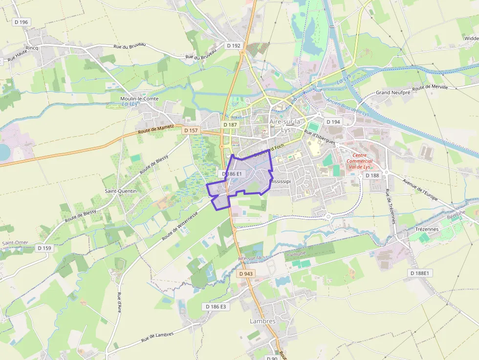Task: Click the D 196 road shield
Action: pyautogui.click(x=22, y=22)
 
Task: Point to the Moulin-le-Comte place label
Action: pyautogui.click(x=139, y=98)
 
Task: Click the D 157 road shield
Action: pyautogui.click(x=191, y=130)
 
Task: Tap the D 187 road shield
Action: pyautogui.click(x=230, y=125)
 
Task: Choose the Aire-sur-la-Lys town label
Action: pyautogui.click(x=286, y=126)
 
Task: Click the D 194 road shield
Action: pyautogui.click(x=333, y=122)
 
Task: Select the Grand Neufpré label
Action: pyautogui.click(x=392, y=93)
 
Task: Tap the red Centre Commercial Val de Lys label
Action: pyautogui.click(x=359, y=161)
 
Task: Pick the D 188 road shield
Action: pyautogui.click(x=371, y=175)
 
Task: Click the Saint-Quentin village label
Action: pyautogui.click(x=121, y=191)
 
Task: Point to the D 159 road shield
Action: pyautogui.click(x=44, y=248)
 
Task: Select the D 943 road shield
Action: pyautogui.click(x=246, y=274)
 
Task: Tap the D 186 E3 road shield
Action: pyautogui.click(x=216, y=306)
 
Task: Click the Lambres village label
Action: pyautogui.click(x=262, y=321)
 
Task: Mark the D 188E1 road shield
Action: pyautogui.click(x=419, y=273)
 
